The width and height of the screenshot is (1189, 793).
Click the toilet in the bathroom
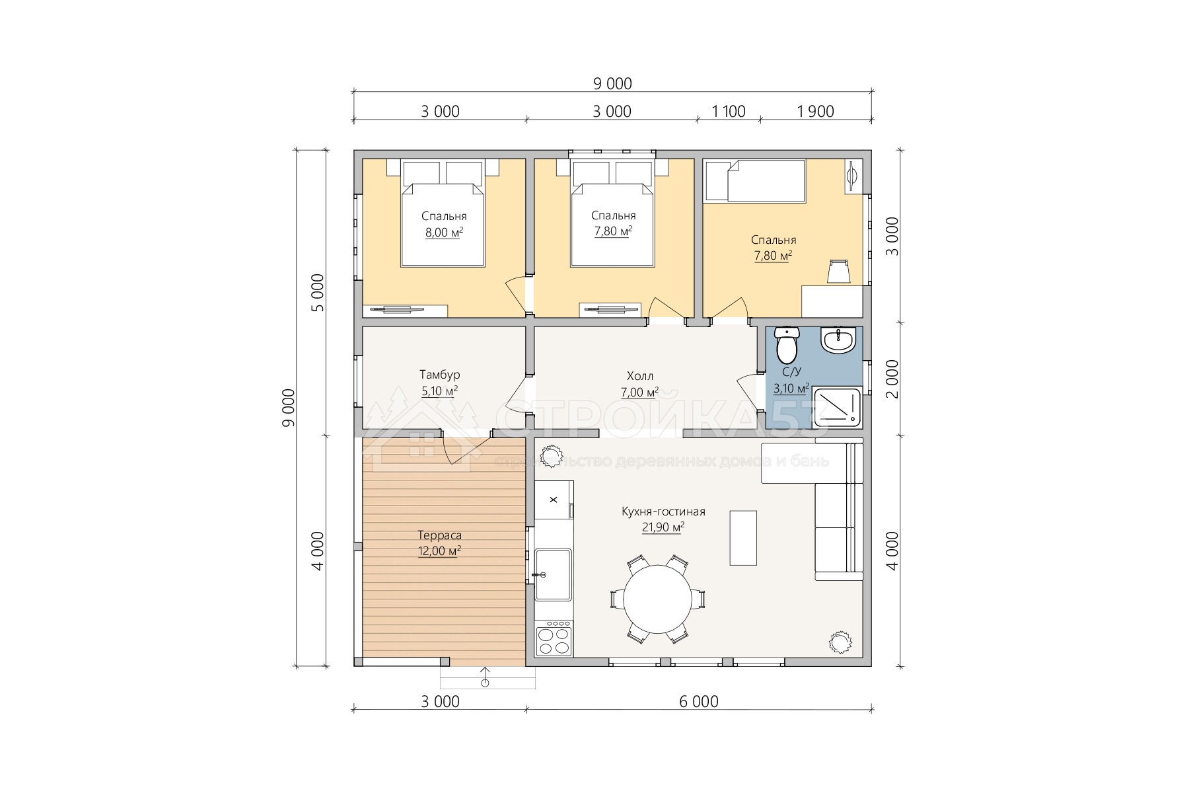pos(787,344)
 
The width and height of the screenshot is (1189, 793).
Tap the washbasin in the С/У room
pos(838,340)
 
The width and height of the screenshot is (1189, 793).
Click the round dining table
pos(657,599)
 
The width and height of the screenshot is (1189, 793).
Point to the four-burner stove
pos(554,638)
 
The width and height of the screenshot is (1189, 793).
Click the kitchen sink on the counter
pos(554,574)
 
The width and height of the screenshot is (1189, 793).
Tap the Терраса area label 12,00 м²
pos(439,551)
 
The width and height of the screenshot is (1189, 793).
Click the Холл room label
pos(639,377)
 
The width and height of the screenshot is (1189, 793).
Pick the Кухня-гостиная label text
pos(663,511)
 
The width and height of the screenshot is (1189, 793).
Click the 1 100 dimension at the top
pos(729,112)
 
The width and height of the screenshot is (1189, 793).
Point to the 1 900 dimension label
pos(816,112)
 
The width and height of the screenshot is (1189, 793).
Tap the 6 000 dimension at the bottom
pos(699,701)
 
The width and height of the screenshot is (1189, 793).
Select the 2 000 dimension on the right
pos(892,378)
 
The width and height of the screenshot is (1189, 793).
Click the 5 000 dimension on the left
pos(318,292)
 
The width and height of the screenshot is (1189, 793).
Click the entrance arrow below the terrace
pos(486,676)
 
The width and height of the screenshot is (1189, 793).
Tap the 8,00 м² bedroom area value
pos(444,232)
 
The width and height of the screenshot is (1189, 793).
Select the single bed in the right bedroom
pos(755,180)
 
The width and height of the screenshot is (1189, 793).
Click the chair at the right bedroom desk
pos(838,271)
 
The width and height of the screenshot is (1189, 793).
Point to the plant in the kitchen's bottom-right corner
pos(840,641)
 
